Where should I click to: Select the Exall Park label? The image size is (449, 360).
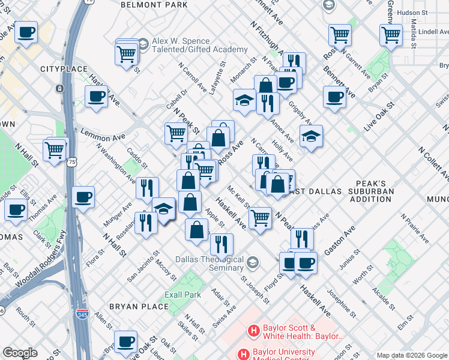tap(183, 295)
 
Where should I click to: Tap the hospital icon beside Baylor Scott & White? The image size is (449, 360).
tap(255, 331)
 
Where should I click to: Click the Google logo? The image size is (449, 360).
tap(20, 353)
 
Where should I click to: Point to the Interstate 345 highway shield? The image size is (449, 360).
tap(82, 314)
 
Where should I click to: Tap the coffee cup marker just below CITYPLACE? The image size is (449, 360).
tap(95, 96)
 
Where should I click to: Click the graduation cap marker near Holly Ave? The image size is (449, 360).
tap(311, 137)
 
